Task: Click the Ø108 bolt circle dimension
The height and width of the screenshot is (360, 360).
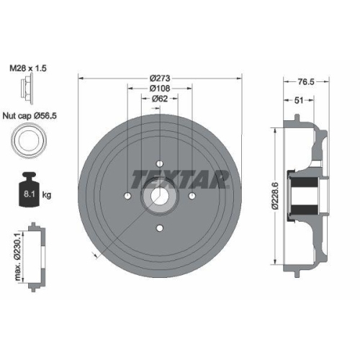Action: (160, 89)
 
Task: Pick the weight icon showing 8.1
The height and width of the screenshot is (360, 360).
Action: (28, 190)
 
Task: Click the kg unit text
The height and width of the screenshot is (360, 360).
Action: (48, 194)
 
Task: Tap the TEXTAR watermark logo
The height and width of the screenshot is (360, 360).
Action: (181, 179)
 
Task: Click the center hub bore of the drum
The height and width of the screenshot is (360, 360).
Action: (159, 197)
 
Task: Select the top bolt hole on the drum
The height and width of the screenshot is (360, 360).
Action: (159, 163)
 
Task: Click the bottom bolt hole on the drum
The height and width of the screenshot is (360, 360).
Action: (159, 230)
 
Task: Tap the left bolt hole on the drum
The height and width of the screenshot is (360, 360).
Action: (127, 197)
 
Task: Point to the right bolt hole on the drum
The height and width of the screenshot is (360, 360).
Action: (192, 197)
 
